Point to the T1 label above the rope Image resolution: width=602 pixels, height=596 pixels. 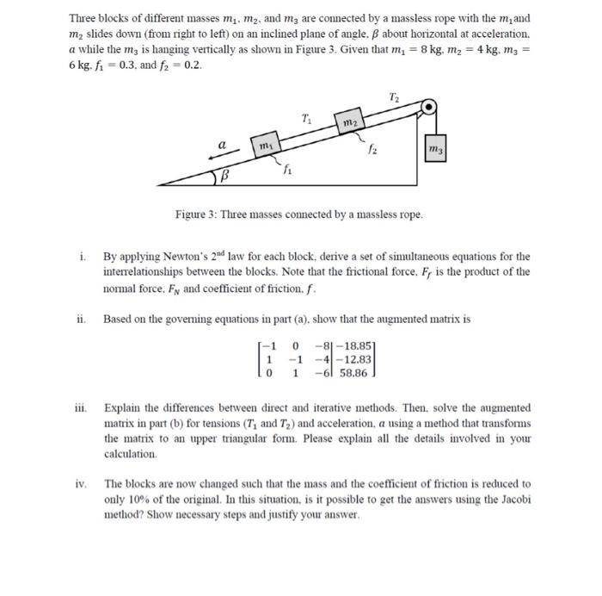(x=307, y=115)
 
